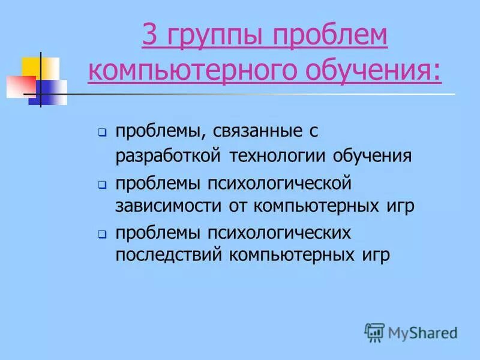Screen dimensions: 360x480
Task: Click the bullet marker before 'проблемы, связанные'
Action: click(103, 131)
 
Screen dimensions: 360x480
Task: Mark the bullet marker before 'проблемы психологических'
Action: click(103, 233)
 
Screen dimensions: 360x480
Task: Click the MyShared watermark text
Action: click(422, 332)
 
